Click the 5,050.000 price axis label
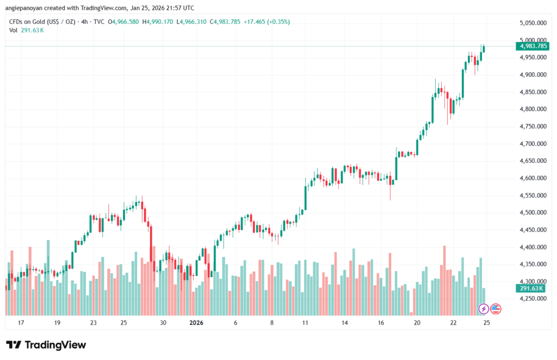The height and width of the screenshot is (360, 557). [533, 23]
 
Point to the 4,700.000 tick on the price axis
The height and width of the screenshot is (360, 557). [533, 144]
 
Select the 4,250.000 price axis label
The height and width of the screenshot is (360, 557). [533, 299]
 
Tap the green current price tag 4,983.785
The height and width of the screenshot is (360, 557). [533, 46]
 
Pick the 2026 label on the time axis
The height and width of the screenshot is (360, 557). [196, 323]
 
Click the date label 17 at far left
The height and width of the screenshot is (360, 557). [21, 323]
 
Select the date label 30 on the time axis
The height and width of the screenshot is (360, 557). [163, 323]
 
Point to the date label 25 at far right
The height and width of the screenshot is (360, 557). [487, 323]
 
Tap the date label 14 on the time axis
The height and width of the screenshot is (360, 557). [345, 323]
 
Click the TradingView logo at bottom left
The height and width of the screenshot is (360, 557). [46, 345]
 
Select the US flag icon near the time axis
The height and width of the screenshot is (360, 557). [496, 309]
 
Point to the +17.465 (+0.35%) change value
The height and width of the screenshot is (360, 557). [267, 22]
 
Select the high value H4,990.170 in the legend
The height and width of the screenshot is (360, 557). [157, 22]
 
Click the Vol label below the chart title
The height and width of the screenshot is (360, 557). [14, 30]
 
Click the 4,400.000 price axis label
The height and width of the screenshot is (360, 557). [533, 247]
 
